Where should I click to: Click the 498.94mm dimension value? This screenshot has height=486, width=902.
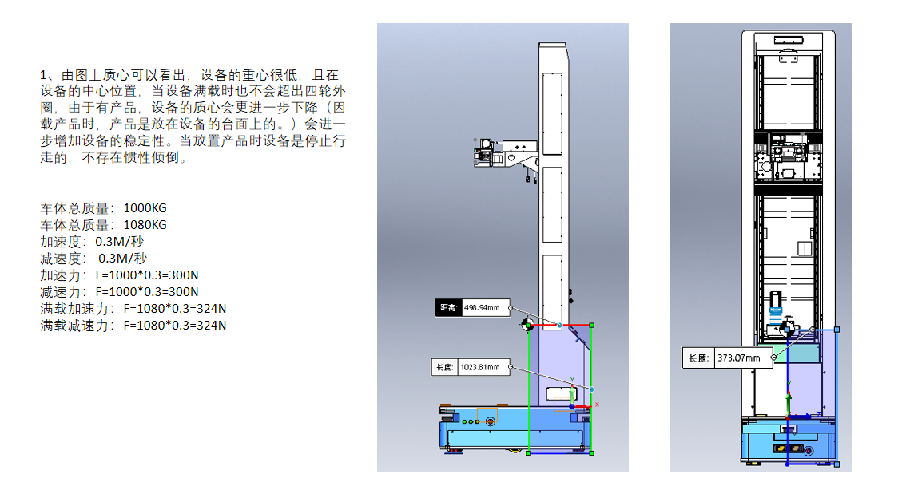pyautogui.click(x=483, y=308)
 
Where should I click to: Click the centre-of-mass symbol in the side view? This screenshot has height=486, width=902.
pyautogui.click(x=526, y=325)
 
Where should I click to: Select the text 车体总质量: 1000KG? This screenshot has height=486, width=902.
pyautogui.click(x=104, y=208)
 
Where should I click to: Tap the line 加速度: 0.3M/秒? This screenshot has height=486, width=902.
pyautogui.click(x=92, y=242)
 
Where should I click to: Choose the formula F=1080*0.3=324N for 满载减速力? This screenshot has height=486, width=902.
pyautogui.click(x=174, y=326)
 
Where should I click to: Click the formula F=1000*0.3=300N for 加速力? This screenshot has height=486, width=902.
pyautogui.click(x=147, y=275)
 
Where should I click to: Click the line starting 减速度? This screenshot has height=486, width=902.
pyautogui.click(x=93, y=259)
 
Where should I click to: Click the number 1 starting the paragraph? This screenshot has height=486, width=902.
pyautogui.click(x=43, y=74)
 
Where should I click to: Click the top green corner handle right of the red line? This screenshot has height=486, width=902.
pyautogui.click(x=590, y=325)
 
